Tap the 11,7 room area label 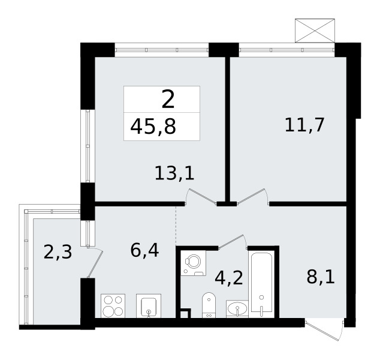click(x=306, y=125)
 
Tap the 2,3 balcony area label click(x=58, y=251)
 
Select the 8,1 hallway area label click(x=321, y=278)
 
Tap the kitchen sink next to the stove click(x=148, y=307)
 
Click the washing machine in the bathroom click(x=195, y=264)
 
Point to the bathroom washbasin click(x=237, y=309)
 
